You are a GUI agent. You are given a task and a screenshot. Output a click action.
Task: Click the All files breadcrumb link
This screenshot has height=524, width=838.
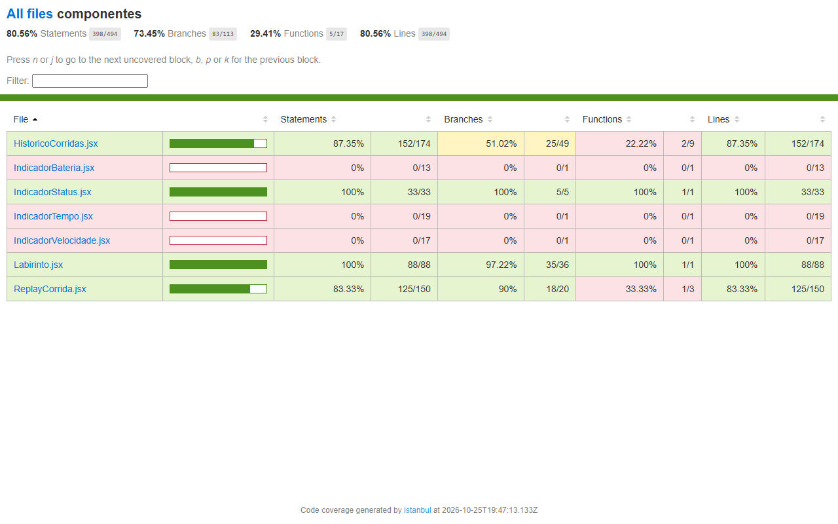[29, 14]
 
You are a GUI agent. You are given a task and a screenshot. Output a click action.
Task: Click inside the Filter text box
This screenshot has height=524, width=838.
[90, 81]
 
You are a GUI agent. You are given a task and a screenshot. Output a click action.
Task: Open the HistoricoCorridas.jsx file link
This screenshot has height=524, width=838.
[56, 143]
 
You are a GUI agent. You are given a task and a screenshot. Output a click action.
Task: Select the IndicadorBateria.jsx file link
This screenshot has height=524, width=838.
[54, 168]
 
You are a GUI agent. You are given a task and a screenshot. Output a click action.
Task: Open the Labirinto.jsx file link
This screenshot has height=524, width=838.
[38, 265]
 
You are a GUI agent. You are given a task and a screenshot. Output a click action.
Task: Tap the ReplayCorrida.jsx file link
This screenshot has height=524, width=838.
[50, 289]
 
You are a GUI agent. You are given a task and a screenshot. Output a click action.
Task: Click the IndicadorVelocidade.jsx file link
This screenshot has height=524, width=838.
[62, 240]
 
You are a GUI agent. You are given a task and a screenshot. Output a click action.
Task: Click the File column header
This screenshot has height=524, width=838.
[21, 119]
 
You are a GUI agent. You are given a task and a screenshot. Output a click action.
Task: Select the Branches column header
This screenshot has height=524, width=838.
[463, 119]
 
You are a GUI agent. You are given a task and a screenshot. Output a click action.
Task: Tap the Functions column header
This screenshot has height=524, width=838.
[602, 119]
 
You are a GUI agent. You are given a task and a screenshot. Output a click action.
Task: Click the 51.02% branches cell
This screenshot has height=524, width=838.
[481, 143]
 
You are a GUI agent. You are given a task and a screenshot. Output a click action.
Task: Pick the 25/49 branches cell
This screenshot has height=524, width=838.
[550, 143]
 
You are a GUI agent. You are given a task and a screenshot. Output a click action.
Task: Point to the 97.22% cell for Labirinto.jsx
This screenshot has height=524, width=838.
[481, 265]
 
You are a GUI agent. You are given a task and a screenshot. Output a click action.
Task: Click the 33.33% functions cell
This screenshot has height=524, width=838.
[619, 289]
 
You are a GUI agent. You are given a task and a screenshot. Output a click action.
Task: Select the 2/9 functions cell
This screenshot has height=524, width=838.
[682, 143]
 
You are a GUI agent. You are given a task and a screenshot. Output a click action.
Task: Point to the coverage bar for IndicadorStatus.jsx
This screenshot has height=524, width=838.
[218, 192]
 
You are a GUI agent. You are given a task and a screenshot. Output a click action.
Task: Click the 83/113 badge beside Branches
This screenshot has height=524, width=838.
[223, 34]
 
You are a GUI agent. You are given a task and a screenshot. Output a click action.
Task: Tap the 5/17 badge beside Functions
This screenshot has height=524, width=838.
[337, 34]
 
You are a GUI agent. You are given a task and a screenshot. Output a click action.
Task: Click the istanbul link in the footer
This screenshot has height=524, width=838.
[417, 510]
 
